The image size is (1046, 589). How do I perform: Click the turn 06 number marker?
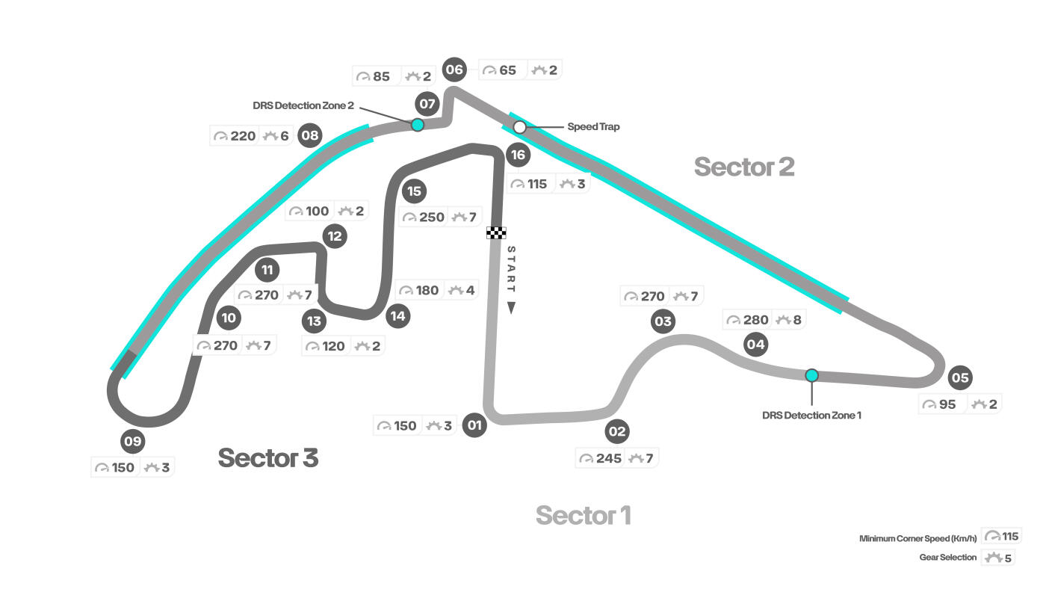454,70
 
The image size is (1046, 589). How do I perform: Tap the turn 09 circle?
132,441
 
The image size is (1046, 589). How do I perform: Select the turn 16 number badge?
518,155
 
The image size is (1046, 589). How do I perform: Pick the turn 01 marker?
474,426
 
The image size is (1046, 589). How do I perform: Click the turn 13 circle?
315,321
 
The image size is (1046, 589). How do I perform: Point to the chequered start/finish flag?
496,232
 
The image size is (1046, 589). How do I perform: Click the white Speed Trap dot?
520,127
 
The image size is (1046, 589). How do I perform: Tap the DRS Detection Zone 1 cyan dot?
811,375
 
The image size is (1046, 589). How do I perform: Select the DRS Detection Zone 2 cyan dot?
418,125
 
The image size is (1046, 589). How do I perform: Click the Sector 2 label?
743,167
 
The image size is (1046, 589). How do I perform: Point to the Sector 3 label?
267,457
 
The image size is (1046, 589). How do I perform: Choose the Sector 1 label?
583,515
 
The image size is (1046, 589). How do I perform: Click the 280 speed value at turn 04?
755,320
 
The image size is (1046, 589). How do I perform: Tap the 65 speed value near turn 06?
507,70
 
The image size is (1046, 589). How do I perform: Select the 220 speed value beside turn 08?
243,136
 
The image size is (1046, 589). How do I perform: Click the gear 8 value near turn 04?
797,320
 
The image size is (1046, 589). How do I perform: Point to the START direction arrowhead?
511,307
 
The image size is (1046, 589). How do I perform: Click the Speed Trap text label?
593,127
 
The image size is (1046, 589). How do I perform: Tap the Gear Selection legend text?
947,558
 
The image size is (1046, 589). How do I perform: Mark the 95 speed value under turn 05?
947,404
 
